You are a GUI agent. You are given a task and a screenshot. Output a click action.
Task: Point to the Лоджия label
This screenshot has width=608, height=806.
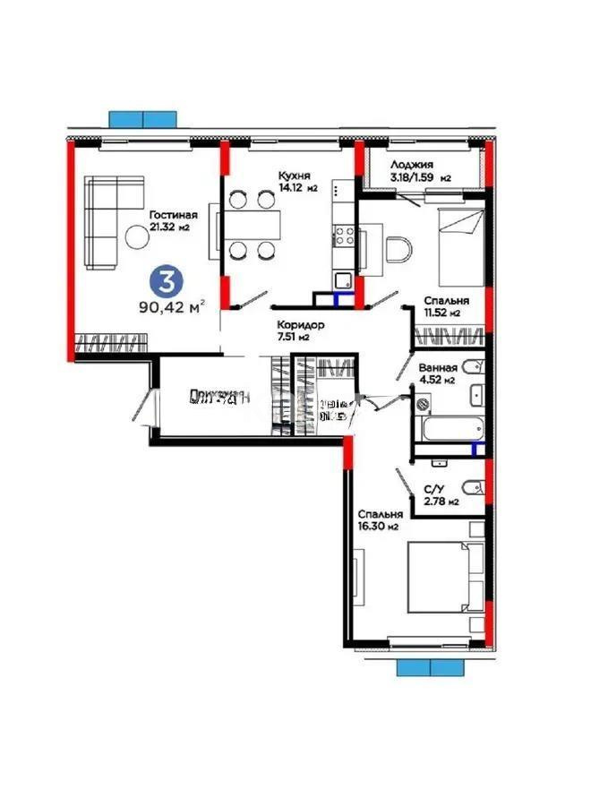412,166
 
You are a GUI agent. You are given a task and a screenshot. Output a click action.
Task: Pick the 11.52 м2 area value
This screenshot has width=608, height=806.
441,313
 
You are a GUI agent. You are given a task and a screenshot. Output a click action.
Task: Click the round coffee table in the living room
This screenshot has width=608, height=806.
138,237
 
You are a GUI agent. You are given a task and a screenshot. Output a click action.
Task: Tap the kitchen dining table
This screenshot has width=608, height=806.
251,225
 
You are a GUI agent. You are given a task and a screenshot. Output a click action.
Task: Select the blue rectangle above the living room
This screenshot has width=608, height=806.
141,119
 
